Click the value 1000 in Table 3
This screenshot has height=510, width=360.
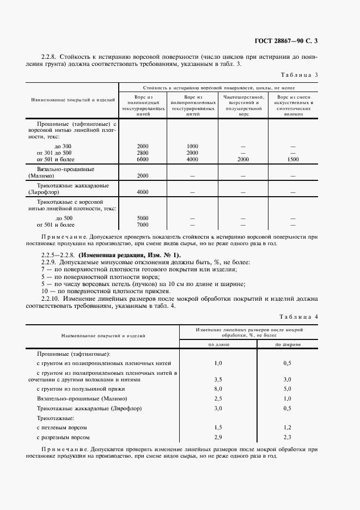(192, 147)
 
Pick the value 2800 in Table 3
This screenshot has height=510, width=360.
(143, 153)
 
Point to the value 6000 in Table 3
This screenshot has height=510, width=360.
(143, 160)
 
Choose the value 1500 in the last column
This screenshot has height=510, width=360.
(293, 160)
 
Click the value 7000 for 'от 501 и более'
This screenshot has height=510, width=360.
(143, 225)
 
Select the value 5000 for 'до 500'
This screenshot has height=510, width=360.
(143, 218)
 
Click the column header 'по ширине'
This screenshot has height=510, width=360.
(287, 344)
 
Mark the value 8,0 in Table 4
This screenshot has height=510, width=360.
(218, 389)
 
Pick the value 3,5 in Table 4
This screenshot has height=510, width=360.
(218, 379)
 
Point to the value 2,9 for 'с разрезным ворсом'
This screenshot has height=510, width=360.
(218, 438)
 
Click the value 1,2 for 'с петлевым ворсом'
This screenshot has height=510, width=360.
(288, 428)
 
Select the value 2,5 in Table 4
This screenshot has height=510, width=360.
(218, 399)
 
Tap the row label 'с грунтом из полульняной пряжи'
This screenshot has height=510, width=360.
(81, 389)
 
